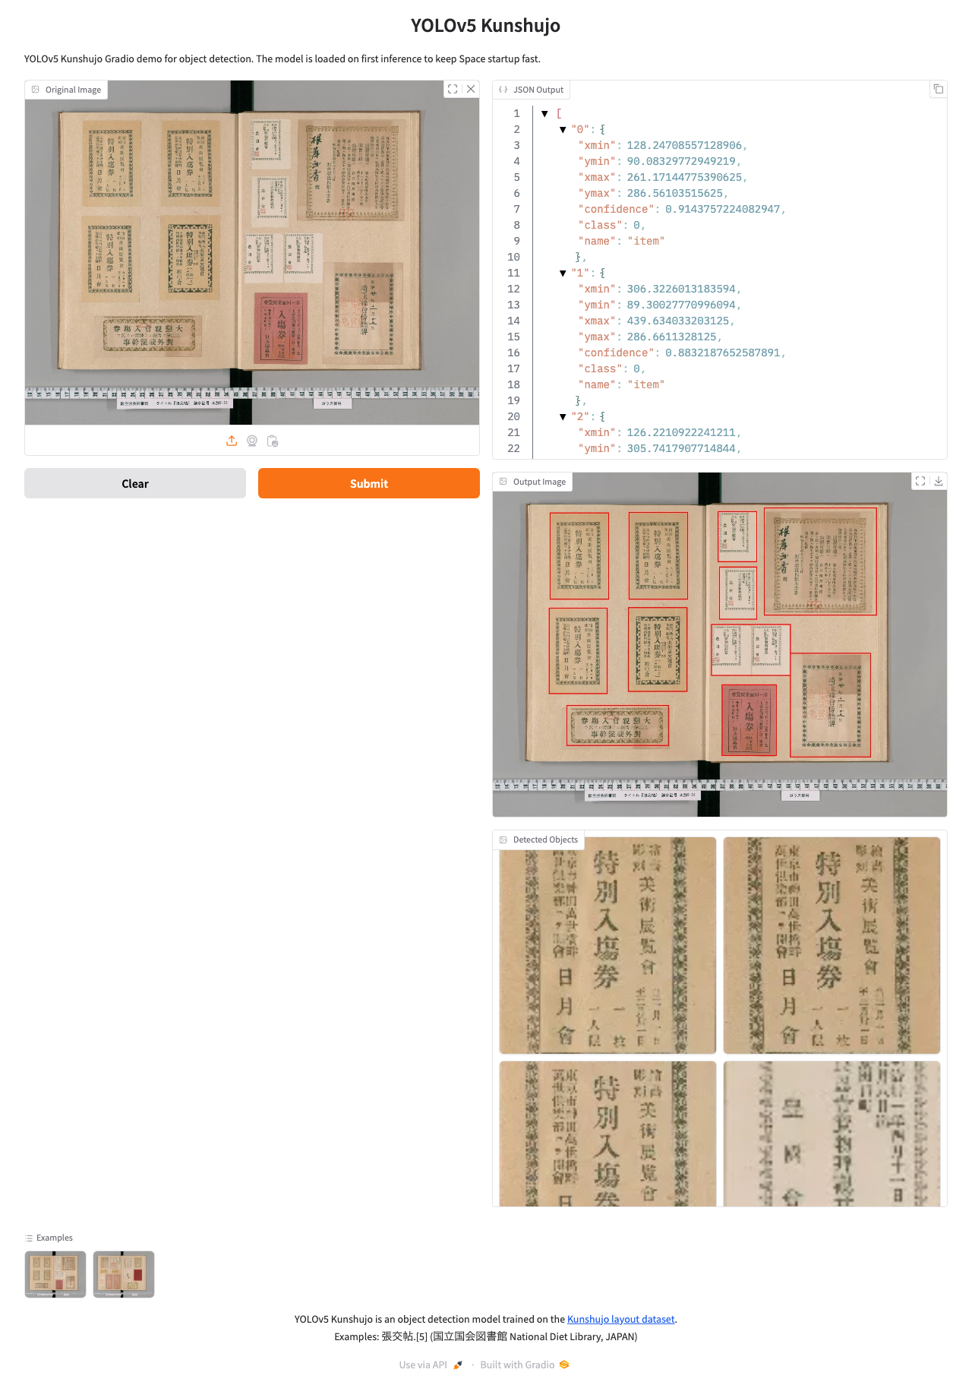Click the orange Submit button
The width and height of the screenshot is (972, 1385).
coord(368,483)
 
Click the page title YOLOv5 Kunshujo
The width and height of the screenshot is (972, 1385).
coord(485,26)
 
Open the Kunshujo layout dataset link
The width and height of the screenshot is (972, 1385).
coord(620,1319)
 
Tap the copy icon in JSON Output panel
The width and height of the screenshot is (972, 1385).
coord(939,89)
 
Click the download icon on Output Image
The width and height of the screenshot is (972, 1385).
coord(939,481)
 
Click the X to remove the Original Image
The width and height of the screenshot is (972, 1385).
coord(471,89)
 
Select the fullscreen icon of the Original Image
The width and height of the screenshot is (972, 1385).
coord(453,89)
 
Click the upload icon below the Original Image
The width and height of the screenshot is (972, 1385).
coord(232,441)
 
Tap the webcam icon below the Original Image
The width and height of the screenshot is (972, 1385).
coord(252,441)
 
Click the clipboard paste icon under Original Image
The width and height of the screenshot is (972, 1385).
coord(273,441)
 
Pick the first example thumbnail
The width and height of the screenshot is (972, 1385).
coord(55,1274)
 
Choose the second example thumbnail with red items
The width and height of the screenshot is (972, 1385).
coord(124,1274)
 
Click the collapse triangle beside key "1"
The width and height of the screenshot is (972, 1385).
coord(563,273)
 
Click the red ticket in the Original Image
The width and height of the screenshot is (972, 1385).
coord(280,328)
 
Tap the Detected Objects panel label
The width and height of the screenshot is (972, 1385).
coord(545,840)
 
